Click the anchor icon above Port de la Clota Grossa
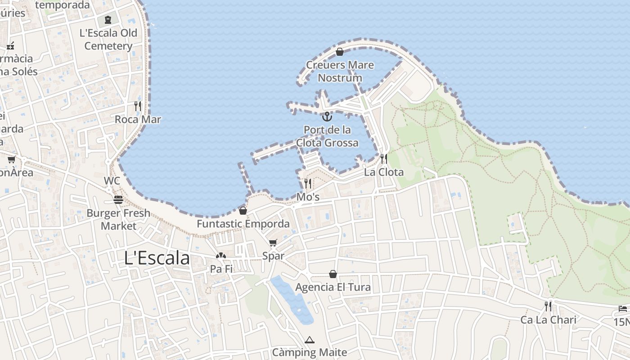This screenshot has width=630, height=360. (x=327, y=117)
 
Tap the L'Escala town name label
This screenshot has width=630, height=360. (x=157, y=258)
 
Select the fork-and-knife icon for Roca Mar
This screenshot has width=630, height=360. (x=138, y=106)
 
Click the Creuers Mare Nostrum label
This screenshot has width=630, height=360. (x=340, y=71)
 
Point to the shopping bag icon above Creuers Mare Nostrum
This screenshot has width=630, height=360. (x=340, y=52)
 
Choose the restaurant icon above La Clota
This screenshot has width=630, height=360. (x=383, y=159)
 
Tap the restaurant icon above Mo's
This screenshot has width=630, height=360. (x=308, y=184)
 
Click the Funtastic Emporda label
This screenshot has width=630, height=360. (x=243, y=224)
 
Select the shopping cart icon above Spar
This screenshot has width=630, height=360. (x=273, y=243)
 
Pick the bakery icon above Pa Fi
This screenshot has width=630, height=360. (x=220, y=256)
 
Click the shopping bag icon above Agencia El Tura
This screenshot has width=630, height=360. (x=333, y=274)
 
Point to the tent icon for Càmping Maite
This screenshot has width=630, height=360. (x=309, y=340)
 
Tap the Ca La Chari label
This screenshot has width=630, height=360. (x=548, y=320)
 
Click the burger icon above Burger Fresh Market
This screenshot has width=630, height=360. (x=118, y=200)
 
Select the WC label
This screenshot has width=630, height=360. (x=112, y=181)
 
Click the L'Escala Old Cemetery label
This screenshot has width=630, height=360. (x=108, y=40)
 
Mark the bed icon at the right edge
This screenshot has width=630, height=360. (x=623, y=309)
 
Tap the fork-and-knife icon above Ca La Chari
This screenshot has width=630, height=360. (x=548, y=306)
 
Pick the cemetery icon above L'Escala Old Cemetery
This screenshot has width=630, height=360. (x=108, y=20)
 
